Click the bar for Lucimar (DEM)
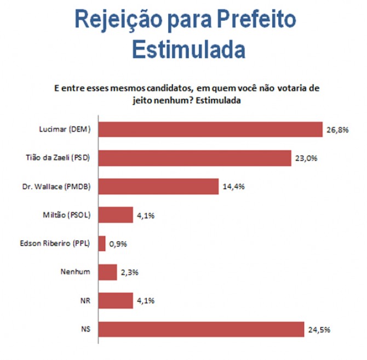point(210,129)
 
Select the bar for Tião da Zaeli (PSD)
point(194,158)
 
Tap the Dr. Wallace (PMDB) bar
point(159,186)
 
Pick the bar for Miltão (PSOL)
point(116,215)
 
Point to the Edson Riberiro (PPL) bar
point(102,243)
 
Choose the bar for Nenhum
point(108,272)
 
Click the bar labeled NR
point(116,300)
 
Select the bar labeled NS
point(201,329)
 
